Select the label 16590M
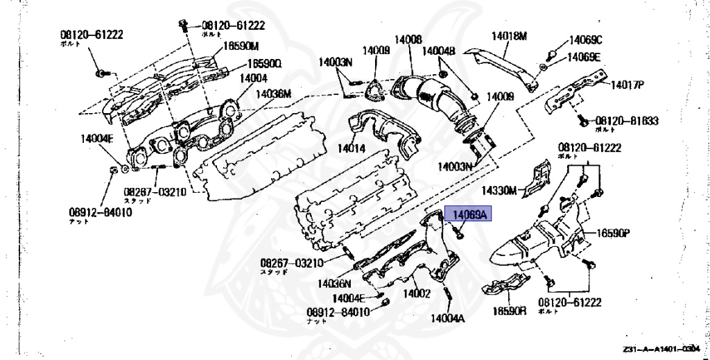tap(240, 47)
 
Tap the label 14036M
tap(273, 94)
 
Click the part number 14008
tap(408, 40)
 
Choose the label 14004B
tap(438, 51)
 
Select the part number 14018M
tap(510, 35)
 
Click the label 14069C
tap(586, 40)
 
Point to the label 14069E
tap(584, 57)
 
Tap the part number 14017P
tap(627, 85)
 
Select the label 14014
tap(352, 148)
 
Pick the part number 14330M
tap(500, 189)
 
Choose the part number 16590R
tap(510, 312)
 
